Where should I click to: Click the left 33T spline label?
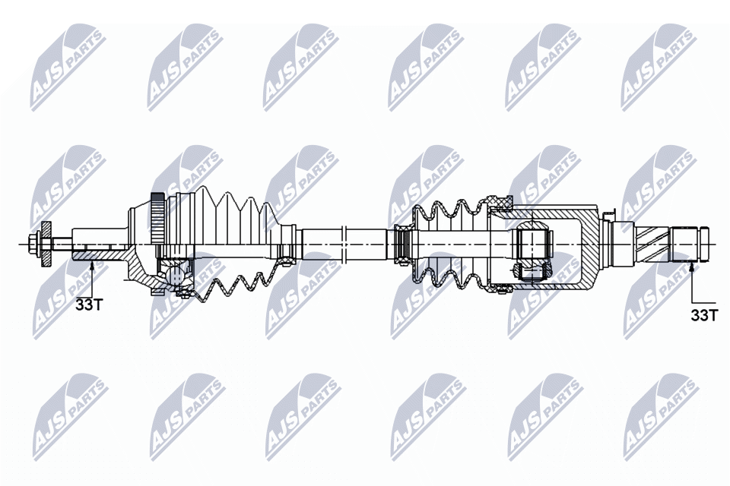coord(88,305)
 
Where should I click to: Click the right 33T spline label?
coord(704,314)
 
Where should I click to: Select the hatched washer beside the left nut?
coord(46,244)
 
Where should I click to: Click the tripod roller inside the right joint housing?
coord(532,245)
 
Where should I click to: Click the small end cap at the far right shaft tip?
coord(705,245)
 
